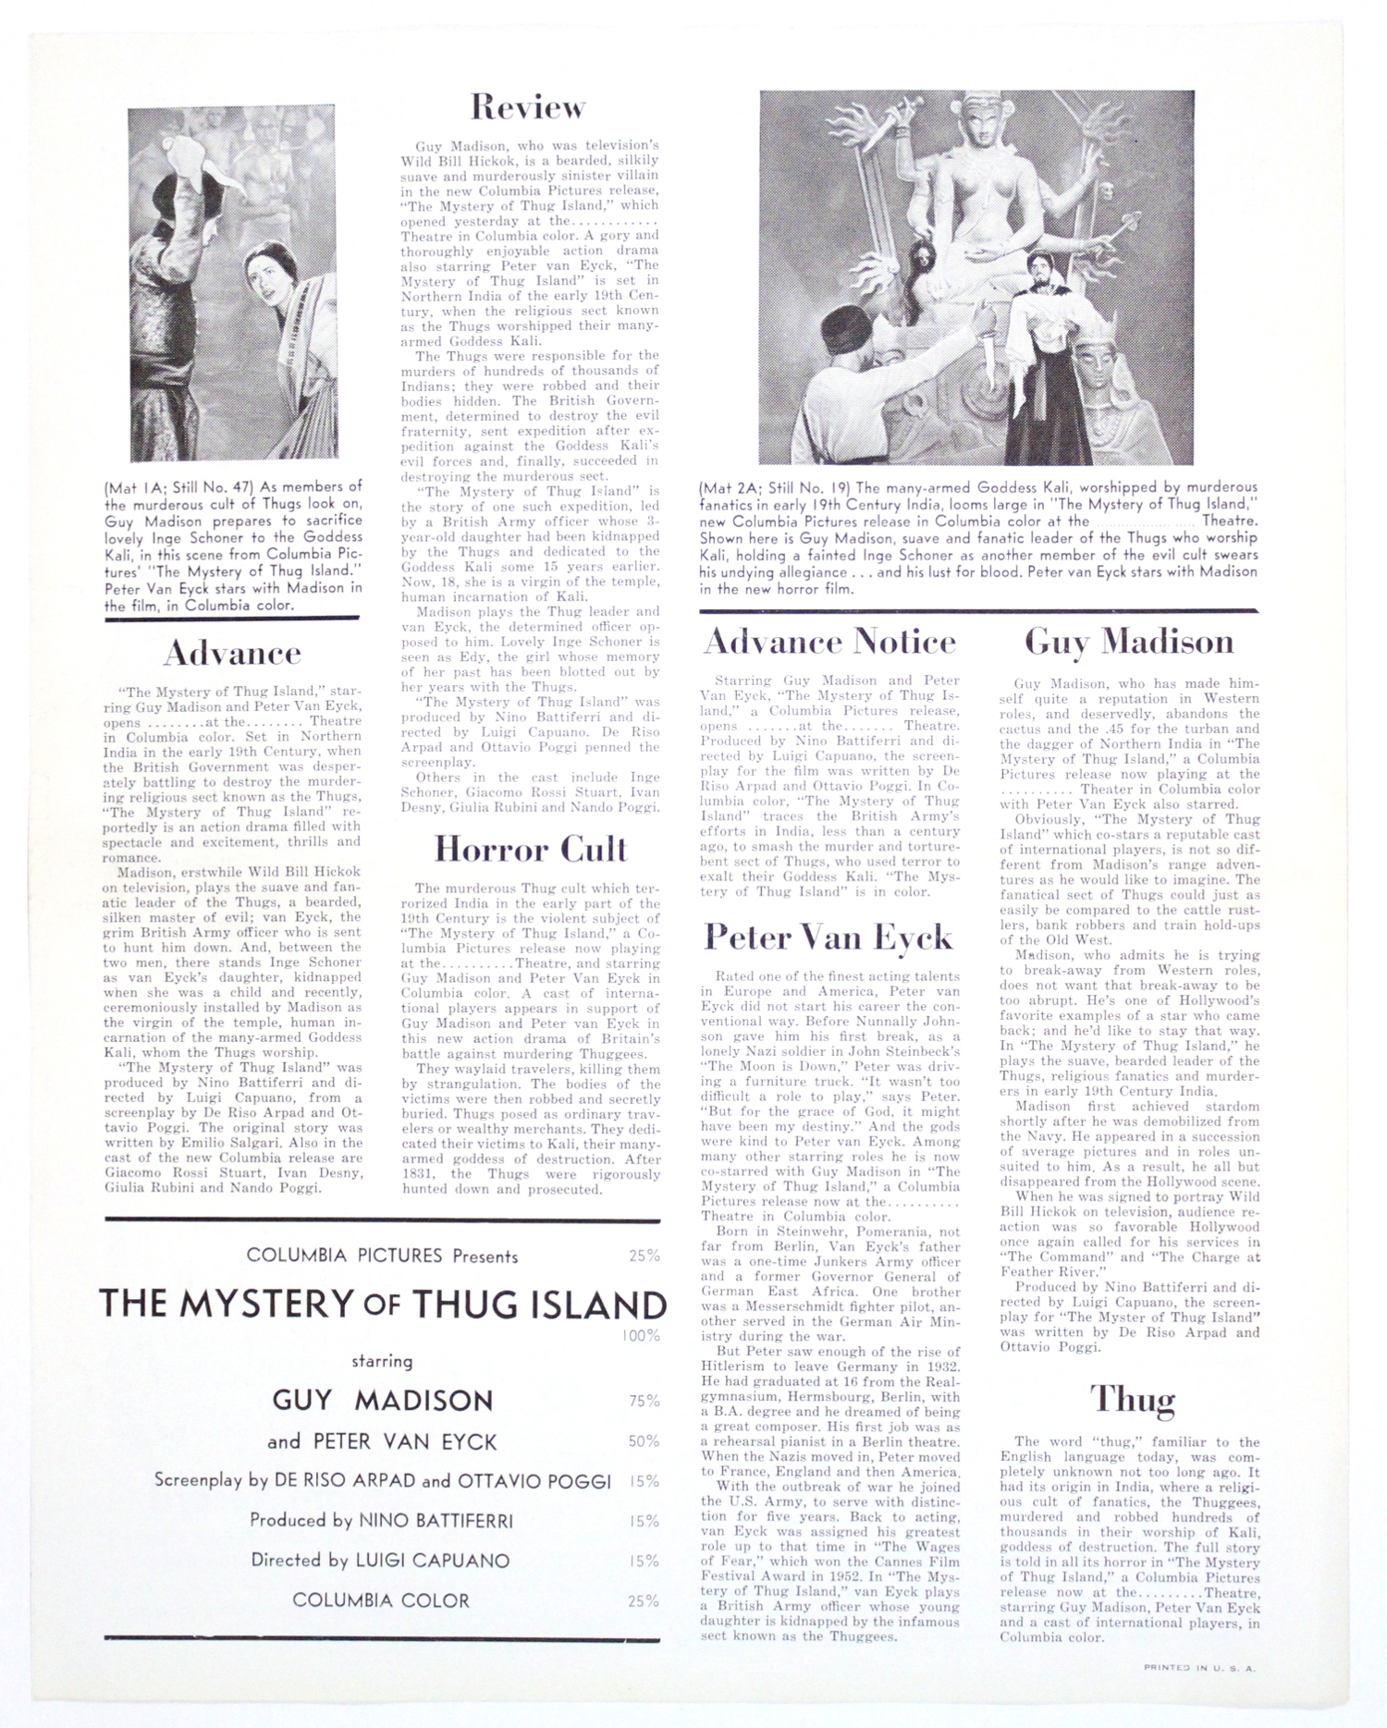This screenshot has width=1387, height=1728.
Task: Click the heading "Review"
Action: coord(528,107)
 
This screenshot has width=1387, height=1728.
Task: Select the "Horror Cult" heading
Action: coord(531,849)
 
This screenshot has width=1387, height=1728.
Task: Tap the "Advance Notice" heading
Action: coord(829,641)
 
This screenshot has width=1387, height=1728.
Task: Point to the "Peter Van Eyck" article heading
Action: coord(829,937)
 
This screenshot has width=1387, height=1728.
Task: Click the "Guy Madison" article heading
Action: coord(1129,642)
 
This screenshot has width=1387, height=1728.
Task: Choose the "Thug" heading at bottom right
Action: coord(1132,1399)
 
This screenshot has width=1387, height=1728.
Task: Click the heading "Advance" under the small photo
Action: coord(232,653)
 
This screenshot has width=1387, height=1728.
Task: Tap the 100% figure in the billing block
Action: coord(641,1335)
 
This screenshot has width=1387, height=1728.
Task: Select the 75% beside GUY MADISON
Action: coord(644,1401)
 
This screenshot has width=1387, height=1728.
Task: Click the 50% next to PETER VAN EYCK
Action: coord(644,1441)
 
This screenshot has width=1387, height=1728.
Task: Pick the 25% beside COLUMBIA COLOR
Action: coord(644,1600)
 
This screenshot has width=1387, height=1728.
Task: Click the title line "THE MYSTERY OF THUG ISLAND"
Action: coord(383,1305)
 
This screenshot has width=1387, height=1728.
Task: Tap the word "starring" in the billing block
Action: coord(382,1361)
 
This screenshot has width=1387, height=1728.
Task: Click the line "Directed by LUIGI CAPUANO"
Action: coord(380,1561)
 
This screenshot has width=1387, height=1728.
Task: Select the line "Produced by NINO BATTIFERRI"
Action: coord(381,1520)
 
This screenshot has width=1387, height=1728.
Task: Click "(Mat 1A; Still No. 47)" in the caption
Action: coord(179,486)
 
